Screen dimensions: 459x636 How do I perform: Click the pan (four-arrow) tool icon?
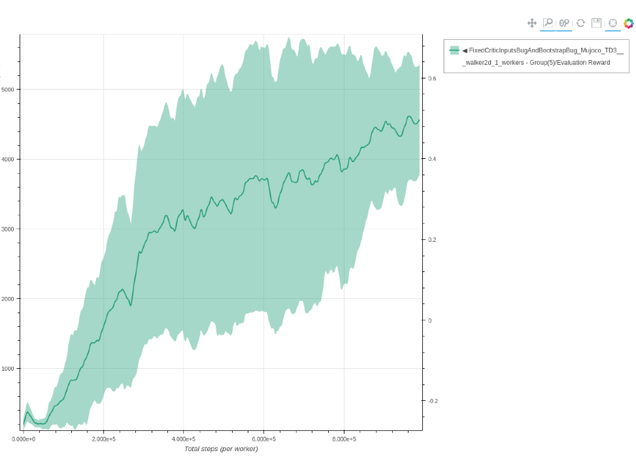[x=532, y=23]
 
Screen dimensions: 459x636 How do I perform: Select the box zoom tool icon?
[x=548, y=23]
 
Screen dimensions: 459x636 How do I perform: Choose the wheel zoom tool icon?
[x=564, y=23]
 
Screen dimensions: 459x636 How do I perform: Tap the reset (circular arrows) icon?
[x=580, y=23]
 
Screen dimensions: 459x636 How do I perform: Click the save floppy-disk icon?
[x=596, y=23]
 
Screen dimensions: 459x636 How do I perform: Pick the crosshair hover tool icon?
[x=612, y=23]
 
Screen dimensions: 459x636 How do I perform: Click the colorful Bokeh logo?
[x=629, y=23]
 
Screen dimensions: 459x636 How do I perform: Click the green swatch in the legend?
[x=454, y=50]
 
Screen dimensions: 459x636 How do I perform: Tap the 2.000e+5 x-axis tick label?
[x=103, y=439]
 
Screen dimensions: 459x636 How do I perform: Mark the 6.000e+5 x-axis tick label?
[x=263, y=439]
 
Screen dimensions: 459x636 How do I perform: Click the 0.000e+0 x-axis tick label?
[x=24, y=439]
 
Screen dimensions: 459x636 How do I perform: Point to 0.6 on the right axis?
[x=432, y=78]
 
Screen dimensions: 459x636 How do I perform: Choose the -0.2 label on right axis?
[x=433, y=401]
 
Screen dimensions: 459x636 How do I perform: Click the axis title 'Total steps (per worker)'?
[x=221, y=449]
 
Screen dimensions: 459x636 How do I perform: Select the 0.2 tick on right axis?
[x=432, y=240]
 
